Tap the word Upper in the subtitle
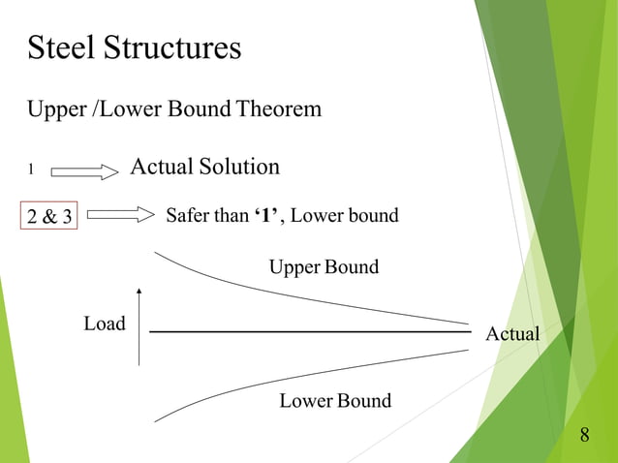56,109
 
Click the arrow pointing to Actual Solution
83,171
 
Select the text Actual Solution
204,167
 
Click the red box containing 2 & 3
49,216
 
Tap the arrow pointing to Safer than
120,215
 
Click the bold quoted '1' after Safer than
267,215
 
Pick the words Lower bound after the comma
344,215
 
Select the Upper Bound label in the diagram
324,266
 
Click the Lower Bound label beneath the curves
335,400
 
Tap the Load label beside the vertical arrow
105,324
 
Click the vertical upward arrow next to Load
140,326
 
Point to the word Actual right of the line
511,334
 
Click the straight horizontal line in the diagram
310,332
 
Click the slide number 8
584,435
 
